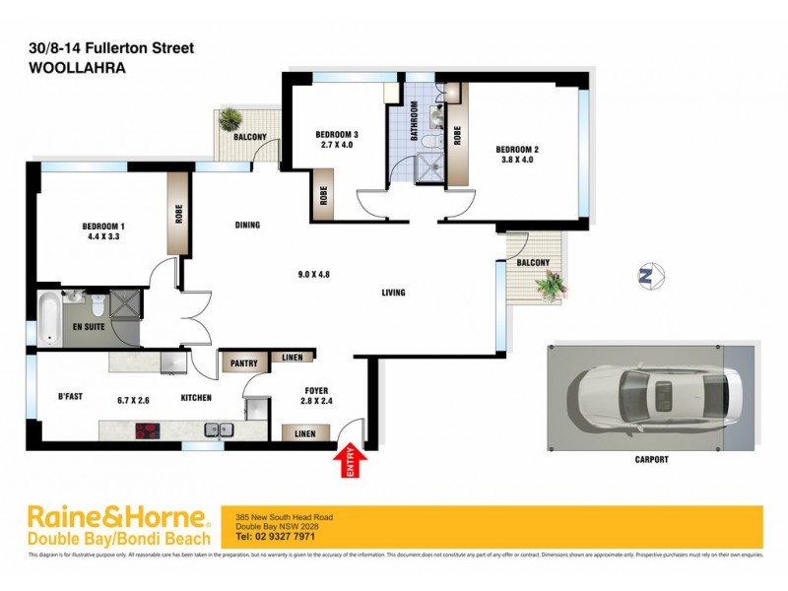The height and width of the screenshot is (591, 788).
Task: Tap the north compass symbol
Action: (646, 277)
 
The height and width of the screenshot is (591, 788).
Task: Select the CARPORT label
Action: (652, 459)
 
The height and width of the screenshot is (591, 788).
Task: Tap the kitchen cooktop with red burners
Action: (148, 429)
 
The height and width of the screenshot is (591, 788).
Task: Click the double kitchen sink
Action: (220, 429)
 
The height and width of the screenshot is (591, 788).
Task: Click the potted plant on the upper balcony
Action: (230, 119)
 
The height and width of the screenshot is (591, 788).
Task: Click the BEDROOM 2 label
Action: (517, 150)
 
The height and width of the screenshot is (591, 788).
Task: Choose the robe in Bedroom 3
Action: (323, 194)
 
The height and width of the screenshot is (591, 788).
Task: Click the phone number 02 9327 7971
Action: (289, 537)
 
